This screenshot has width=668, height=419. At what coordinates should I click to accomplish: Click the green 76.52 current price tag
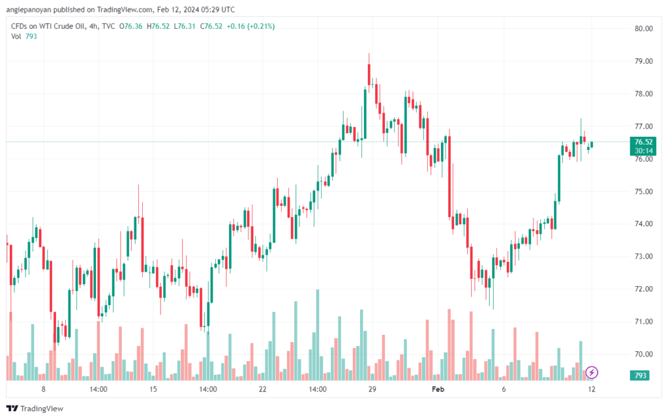tap(643, 141)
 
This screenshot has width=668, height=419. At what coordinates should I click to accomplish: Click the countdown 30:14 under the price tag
tap(643, 150)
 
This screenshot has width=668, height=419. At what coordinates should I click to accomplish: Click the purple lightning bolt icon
tap(591, 372)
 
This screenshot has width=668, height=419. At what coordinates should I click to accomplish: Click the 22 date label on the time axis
tap(263, 390)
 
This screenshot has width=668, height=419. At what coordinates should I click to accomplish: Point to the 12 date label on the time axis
tap(590, 390)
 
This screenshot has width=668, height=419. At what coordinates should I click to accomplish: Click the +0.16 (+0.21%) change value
tap(251, 26)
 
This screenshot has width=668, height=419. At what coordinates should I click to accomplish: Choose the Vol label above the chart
tap(16, 36)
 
